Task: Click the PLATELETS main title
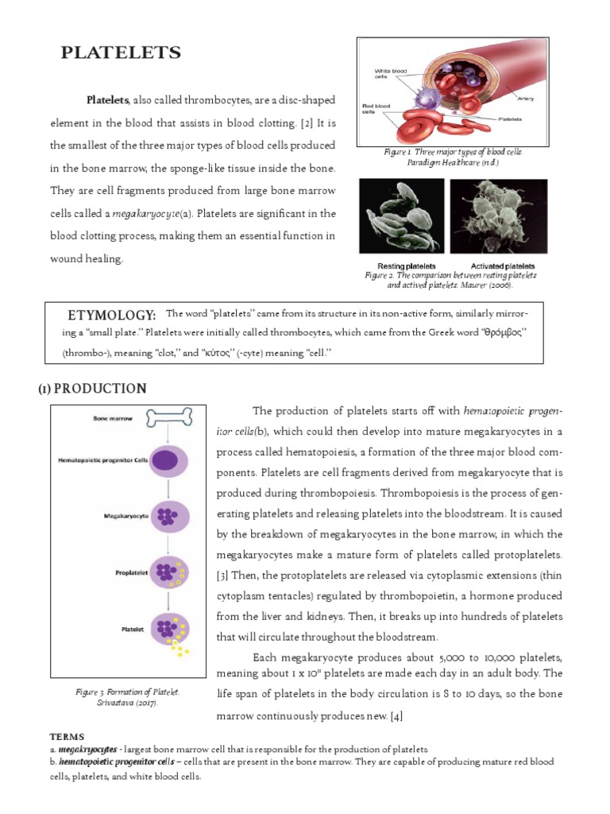click(122, 53)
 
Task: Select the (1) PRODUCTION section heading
click(92, 388)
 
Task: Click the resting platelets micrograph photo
click(401, 216)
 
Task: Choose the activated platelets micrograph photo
click(498, 216)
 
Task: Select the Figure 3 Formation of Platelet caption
click(123, 698)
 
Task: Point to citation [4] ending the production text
click(396, 715)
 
